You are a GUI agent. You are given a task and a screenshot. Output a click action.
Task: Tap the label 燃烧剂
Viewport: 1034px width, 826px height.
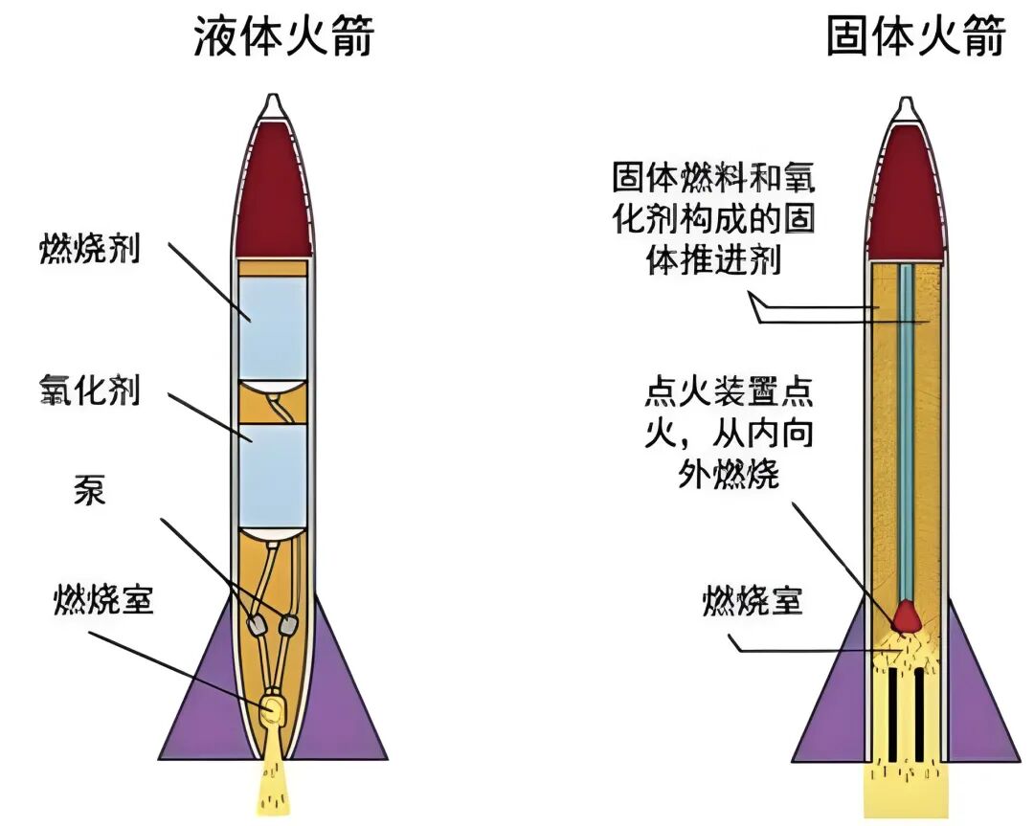pos(90,251)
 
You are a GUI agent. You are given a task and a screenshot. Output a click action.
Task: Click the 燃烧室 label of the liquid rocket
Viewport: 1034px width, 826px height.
pos(103,601)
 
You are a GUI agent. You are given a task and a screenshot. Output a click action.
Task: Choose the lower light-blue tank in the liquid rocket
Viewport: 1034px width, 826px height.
pos(273,475)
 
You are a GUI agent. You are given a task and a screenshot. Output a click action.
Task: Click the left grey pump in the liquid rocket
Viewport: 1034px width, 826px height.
pos(257,625)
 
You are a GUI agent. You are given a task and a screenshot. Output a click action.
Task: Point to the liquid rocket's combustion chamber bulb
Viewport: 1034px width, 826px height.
pos(273,708)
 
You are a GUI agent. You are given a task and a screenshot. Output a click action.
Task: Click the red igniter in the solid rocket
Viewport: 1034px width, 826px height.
pos(905,615)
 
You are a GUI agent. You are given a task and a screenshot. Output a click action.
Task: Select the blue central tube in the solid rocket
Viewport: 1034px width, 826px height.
pos(905,431)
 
